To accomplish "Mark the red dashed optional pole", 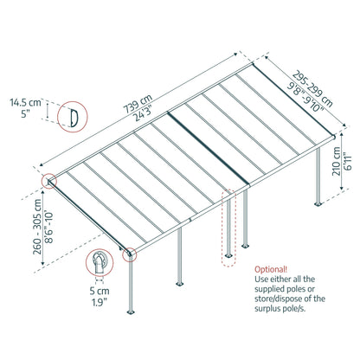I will click(228, 228).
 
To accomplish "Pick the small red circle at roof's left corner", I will click(48, 182).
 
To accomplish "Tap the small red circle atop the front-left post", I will click(130, 254).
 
